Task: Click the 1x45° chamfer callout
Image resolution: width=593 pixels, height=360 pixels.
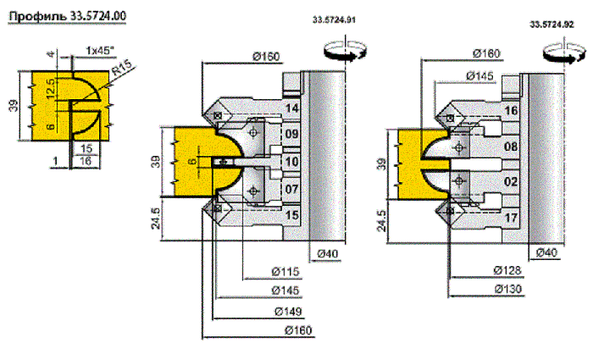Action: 100,50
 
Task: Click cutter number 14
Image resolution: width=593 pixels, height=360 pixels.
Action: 292,108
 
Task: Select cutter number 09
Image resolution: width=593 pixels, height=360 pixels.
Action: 292,135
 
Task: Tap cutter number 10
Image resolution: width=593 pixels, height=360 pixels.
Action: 292,161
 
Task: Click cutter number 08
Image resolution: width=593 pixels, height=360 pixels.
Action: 512,147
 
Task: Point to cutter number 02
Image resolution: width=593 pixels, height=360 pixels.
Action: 512,181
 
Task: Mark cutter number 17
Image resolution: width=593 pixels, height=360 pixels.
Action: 512,219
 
